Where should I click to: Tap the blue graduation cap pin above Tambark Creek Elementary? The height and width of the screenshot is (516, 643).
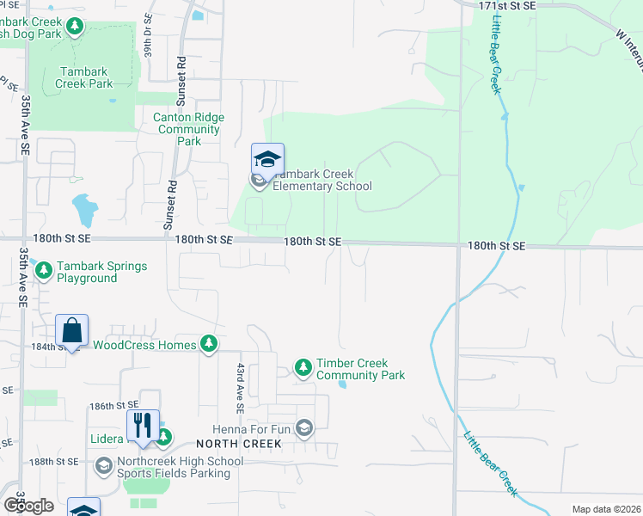tap(267, 159)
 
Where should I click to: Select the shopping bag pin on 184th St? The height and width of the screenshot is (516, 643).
tap(72, 331)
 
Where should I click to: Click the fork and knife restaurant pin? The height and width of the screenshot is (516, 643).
tap(143, 426)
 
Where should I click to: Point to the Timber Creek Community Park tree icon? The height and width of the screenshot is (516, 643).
tap(303, 368)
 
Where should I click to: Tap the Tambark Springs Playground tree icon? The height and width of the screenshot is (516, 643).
tap(44, 272)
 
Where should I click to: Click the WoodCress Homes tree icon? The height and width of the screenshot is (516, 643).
tap(208, 345)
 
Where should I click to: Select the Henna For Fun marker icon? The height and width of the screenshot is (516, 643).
tap(304, 427)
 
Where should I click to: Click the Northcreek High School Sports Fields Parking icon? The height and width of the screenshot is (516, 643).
tap(103, 466)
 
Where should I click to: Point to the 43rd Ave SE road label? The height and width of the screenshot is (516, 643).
tap(242, 386)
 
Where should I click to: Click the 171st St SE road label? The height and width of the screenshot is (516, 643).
tap(506, 5)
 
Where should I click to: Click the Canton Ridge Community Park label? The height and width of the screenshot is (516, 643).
tap(188, 129)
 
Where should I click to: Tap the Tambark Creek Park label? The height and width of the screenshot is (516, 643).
tap(83, 77)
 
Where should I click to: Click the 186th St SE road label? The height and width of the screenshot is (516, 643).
tap(113, 405)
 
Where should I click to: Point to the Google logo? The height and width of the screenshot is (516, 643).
tap(28, 505)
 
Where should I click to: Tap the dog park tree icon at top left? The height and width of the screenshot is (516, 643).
tap(75, 28)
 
